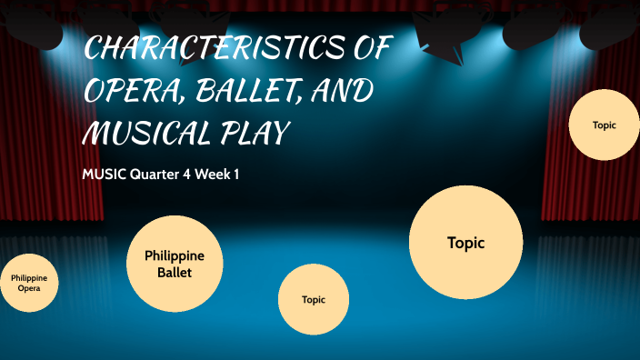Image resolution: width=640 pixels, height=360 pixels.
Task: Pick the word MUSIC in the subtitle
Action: click(102, 175)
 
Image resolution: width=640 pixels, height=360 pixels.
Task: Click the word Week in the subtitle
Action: click(213, 175)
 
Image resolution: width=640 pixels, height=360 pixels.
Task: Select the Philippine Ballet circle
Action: click(175, 263)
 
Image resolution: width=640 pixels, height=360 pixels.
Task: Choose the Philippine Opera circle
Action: click(29, 283)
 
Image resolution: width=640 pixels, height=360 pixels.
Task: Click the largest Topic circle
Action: click(465, 243)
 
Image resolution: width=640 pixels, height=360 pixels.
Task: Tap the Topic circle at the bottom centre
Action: click(314, 299)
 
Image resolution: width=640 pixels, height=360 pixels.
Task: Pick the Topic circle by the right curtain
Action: click(604, 125)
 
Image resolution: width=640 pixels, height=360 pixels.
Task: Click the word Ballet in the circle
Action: click(175, 272)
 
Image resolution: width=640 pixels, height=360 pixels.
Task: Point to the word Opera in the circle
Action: click(29, 288)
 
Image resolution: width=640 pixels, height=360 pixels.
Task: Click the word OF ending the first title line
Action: click(370, 50)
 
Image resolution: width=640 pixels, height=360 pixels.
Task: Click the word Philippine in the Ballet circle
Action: click(175, 255)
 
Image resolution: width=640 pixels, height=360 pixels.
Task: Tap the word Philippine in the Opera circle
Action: click(29, 277)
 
